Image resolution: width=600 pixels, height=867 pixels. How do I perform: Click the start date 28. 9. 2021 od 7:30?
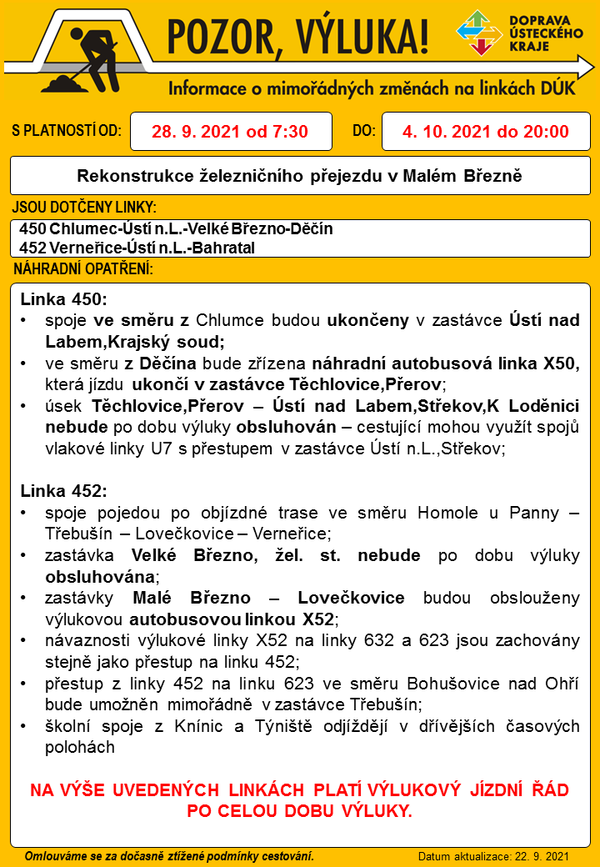(x=230, y=132)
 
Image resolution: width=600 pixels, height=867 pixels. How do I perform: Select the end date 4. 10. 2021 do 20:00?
(x=485, y=132)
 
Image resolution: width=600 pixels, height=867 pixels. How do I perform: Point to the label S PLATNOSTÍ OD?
(x=67, y=131)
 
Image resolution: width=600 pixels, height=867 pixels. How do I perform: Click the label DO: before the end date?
(x=364, y=131)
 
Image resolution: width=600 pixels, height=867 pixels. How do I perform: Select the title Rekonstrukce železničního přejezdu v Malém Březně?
(x=299, y=176)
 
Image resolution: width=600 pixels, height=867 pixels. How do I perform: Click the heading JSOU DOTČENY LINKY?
(x=84, y=207)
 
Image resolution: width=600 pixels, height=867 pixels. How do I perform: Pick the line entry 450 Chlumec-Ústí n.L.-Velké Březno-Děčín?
(x=176, y=228)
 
